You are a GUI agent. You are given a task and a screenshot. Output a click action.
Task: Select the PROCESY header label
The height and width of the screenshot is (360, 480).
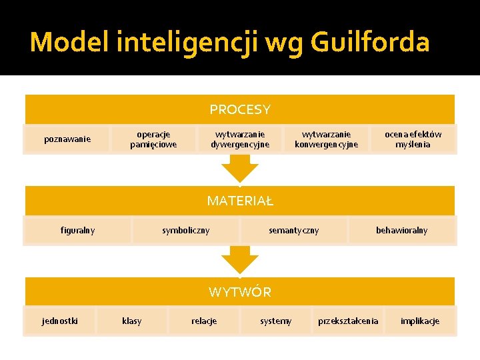coord(240,109)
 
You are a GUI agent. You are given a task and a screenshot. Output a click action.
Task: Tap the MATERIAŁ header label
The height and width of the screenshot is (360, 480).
coord(240,201)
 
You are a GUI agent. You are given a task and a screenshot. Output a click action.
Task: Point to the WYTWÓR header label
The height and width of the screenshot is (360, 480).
coord(240,292)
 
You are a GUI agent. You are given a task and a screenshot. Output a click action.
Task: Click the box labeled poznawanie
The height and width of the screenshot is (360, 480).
coord(67,139)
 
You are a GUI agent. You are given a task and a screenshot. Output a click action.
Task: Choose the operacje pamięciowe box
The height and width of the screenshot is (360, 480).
coord(153,139)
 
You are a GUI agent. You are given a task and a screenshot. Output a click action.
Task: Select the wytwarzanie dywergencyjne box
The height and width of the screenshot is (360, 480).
coord(240,139)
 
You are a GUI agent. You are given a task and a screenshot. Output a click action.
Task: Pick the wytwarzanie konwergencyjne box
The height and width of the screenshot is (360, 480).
coord(326,139)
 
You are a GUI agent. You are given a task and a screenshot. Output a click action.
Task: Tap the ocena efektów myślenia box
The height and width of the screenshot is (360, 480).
coord(413,139)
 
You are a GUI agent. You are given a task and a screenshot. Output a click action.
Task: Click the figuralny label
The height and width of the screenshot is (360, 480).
coord(77,231)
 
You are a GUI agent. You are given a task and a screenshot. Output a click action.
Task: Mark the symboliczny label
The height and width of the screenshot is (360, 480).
coord(185,231)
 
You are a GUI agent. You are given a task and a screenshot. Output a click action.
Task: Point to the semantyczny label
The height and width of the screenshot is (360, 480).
coord(293,231)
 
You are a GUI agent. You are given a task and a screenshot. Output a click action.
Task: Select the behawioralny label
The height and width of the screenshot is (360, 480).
coord(401,231)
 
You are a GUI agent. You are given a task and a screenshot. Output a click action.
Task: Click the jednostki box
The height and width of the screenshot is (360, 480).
coord(59,321)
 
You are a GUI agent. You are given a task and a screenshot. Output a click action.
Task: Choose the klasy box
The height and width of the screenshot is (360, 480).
coord(131,321)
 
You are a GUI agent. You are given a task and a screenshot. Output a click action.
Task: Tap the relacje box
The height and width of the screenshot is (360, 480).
coord(203,321)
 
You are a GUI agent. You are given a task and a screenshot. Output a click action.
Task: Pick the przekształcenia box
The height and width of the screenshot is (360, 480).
coord(348,321)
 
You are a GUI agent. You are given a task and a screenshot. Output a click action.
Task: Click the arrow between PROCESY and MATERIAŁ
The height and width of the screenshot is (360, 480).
coord(240,169)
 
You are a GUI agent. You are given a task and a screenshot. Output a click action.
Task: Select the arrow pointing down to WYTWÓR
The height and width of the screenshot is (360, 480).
coord(240,259)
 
